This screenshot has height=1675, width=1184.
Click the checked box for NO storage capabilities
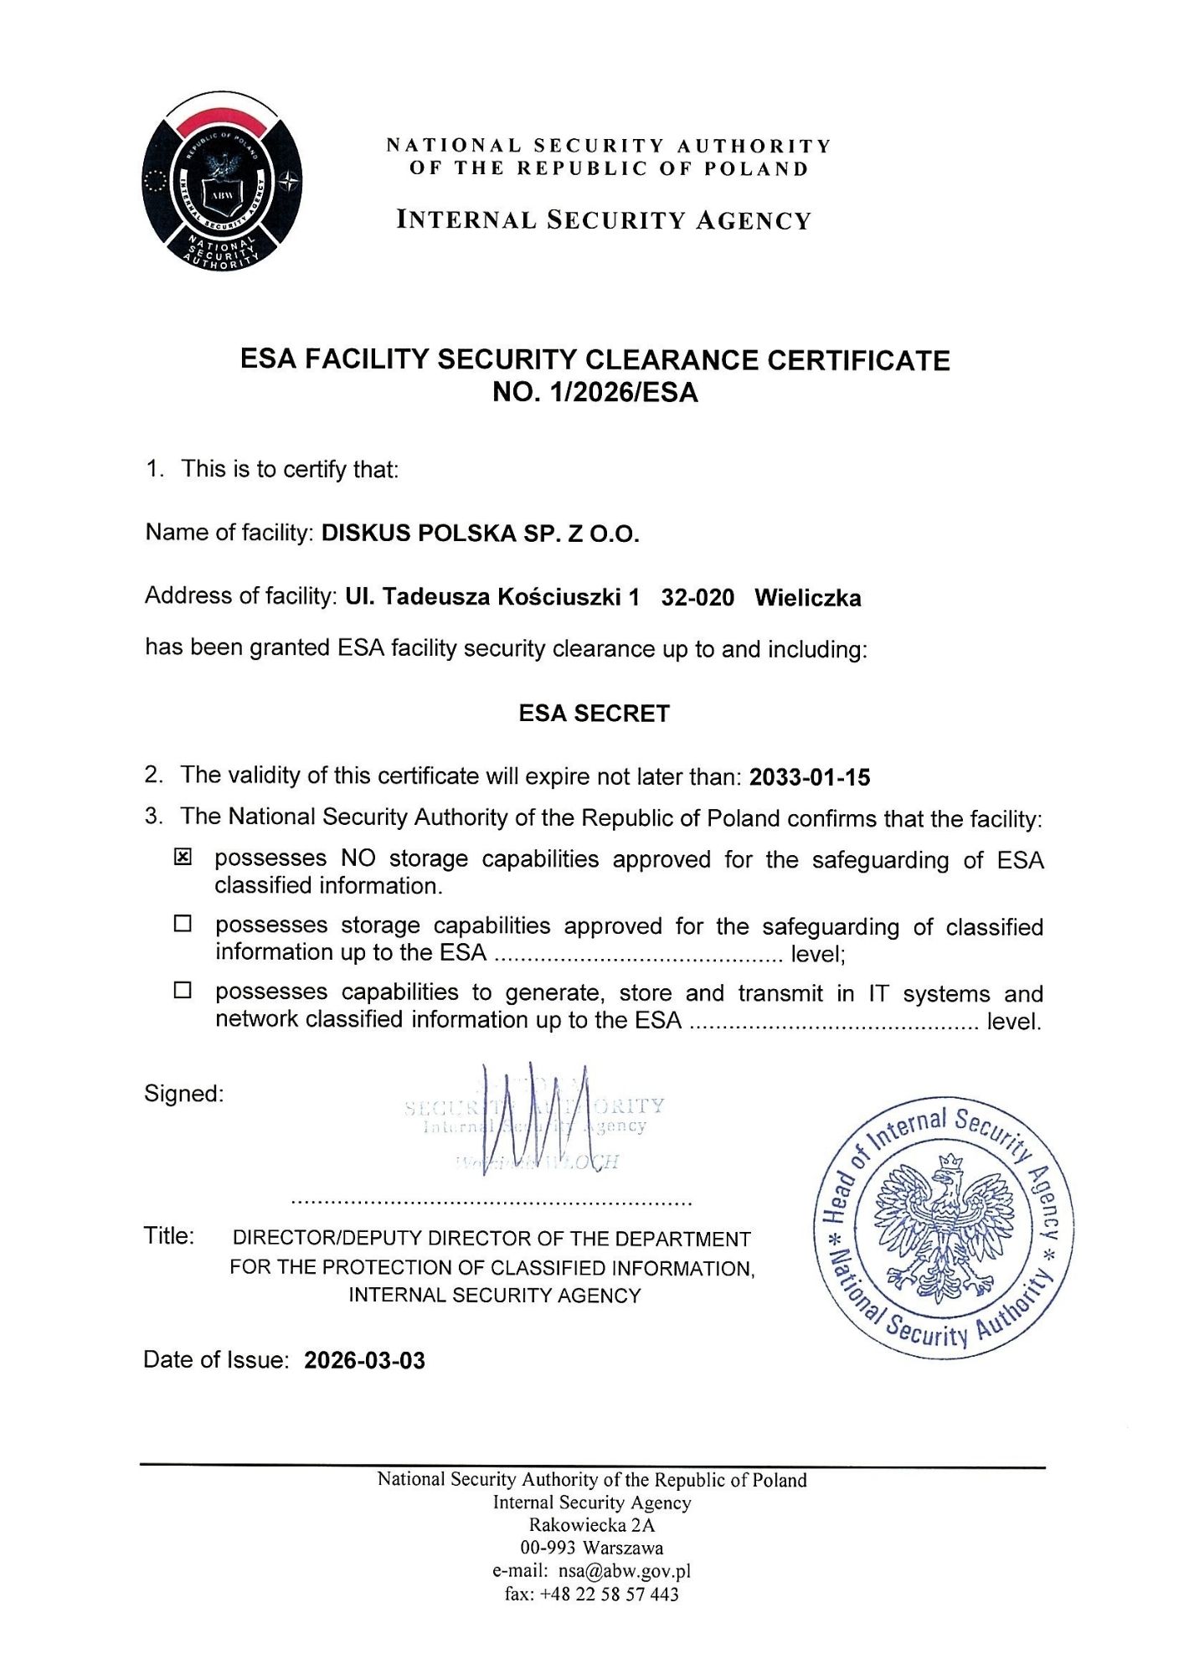click(x=183, y=857)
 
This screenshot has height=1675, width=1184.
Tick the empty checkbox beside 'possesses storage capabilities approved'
click(x=183, y=924)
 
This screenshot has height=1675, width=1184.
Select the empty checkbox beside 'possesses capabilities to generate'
click(x=183, y=990)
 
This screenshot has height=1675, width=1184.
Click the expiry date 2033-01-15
click(x=810, y=777)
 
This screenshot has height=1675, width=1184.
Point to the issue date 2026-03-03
click(x=364, y=1360)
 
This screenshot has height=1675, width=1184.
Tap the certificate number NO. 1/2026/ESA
click(x=595, y=392)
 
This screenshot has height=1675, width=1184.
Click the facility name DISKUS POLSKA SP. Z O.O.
click(x=480, y=533)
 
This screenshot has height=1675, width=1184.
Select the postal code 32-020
click(x=698, y=598)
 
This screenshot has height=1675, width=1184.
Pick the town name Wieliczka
click(x=807, y=598)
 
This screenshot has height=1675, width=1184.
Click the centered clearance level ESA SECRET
click(x=594, y=714)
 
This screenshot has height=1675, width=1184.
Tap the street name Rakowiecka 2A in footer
click(x=591, y=1524)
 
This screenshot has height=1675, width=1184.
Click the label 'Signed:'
click(x=183, y=1094)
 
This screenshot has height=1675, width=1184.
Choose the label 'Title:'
click(x=169, y=1236)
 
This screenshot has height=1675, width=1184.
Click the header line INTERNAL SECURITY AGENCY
click(x=604, y=220)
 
